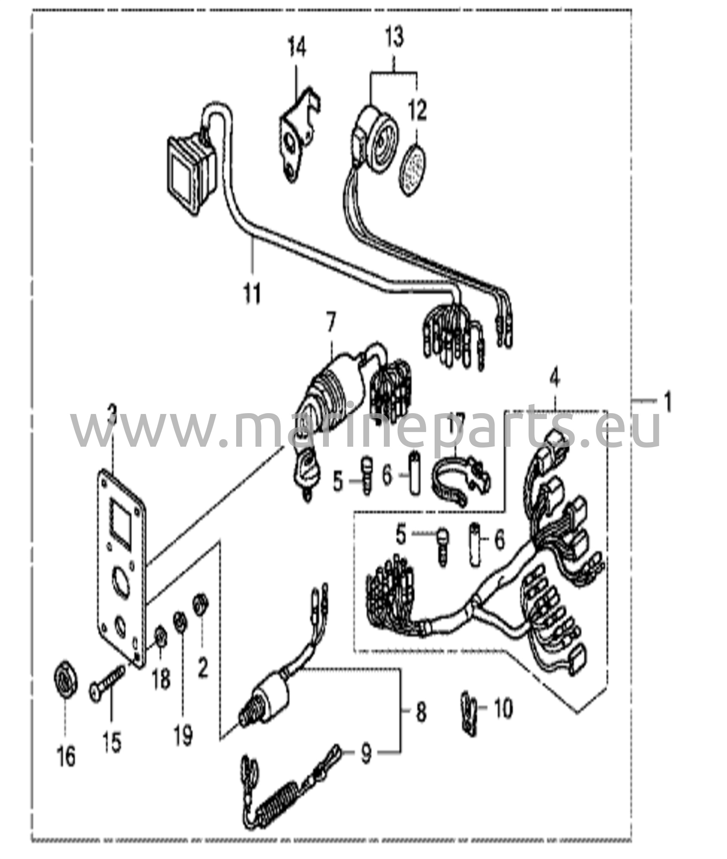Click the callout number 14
coord(297,48)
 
